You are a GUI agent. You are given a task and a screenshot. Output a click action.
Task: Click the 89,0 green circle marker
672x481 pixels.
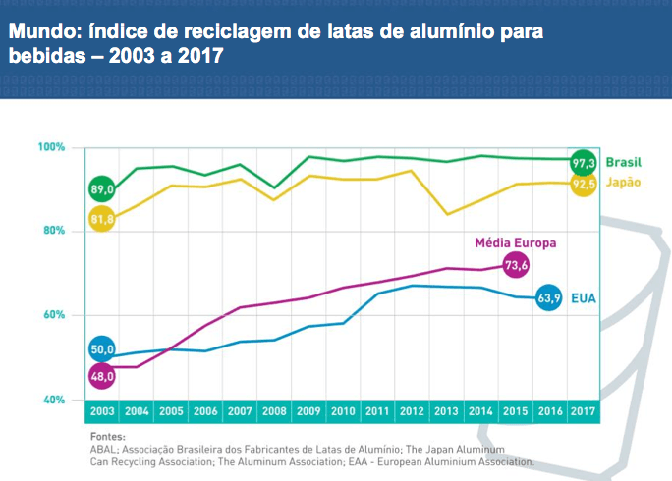coord(102,188)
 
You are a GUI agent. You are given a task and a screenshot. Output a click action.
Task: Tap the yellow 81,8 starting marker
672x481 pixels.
coord(102,220)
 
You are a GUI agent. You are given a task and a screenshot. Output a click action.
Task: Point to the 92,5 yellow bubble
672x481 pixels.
coord(584,183)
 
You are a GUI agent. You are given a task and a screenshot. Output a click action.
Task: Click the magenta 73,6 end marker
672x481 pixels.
coord(516,265)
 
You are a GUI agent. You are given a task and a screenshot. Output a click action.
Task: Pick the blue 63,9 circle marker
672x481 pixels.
coord(550,296)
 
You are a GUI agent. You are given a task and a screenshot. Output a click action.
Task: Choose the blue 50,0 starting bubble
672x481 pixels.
coord(102,349)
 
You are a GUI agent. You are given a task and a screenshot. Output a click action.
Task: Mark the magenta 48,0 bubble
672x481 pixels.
coord(102,375)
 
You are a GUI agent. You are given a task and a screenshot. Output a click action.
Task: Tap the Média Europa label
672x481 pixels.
coord(516,242)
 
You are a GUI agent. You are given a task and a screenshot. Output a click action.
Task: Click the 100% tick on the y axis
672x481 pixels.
coord(52,147)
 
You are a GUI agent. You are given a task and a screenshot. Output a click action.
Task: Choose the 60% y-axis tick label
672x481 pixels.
coord(52,315)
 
